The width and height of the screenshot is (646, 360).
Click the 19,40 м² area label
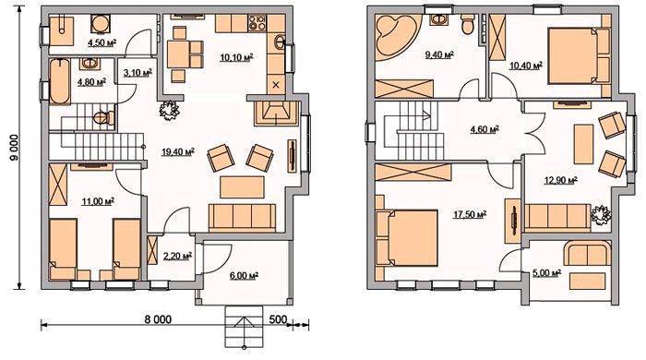(x=178, y=152)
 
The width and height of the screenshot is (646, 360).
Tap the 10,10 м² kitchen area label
(x=236, y=57)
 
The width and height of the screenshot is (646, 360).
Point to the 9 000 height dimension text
(x=14, y=148)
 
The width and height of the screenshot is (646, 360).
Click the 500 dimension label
(x=278, y=319)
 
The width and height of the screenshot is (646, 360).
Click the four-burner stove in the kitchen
(x=257, y=22)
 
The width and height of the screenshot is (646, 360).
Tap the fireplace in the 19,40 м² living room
(x=276, y=113)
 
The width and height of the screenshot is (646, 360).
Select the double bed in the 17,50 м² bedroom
(x=407, y=238)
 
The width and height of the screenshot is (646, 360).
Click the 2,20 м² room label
(x=178, y=257)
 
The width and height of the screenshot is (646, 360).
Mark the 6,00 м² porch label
(x=244, y=276)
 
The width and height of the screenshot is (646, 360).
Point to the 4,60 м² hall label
(x=484, y=129)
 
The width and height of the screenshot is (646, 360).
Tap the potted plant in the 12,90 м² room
(x=600, y=214)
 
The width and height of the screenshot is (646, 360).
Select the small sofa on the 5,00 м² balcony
(x=587, y=253)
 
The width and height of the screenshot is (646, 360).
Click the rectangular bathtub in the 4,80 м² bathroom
(x=60, y=81)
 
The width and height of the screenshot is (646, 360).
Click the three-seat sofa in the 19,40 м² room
(x=242, y=217)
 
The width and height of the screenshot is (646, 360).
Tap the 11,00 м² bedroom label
(x=98, y=201)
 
